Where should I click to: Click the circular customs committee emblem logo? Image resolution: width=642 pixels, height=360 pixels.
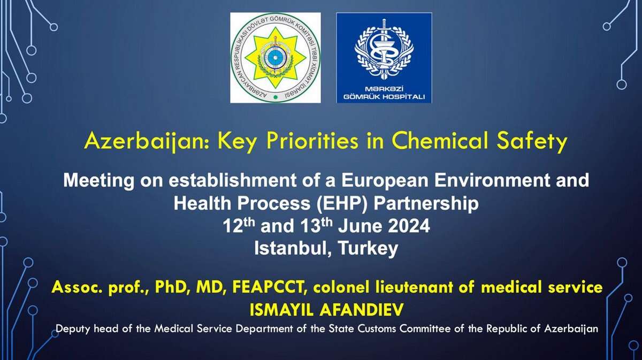(x=276, y=58)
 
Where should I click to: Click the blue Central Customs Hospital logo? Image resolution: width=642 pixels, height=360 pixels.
(x=384, y=58)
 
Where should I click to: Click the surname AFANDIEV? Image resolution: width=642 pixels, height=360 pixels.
(x=362, y=310)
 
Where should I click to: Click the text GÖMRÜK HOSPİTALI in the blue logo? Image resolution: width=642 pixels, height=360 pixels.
(x=384, y=97)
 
